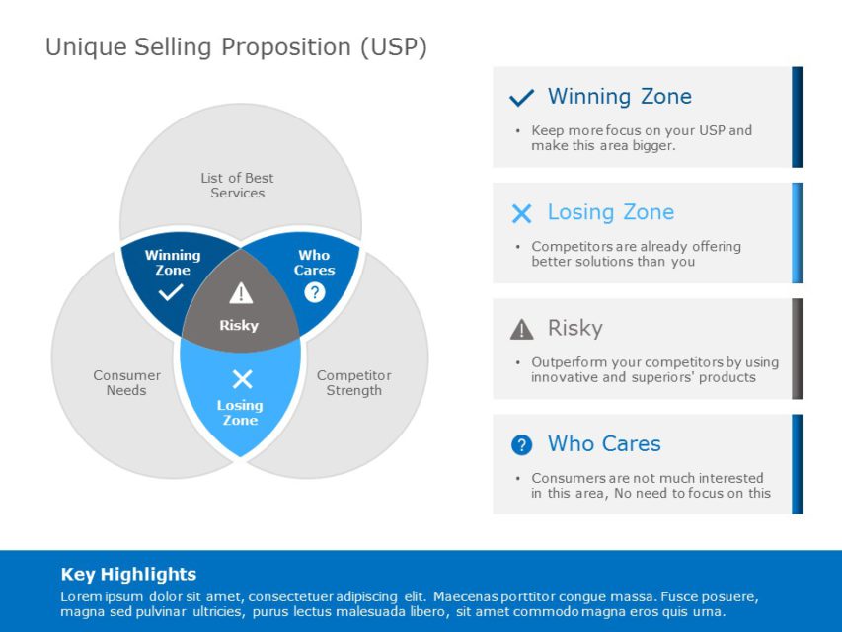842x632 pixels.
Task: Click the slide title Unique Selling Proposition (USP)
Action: pos(236,47)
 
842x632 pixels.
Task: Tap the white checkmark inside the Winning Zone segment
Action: pos(171,292)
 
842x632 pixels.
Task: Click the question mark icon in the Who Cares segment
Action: pos(314,292)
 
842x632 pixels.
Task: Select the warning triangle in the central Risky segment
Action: pos(241,293)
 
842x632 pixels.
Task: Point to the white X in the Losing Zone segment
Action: pos(242,378)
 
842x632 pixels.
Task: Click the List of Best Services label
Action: pos(237,186)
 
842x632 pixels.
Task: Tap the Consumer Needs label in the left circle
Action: pos(126,383)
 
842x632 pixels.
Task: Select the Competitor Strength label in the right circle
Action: pos(353,383)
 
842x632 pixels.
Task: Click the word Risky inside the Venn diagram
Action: pos(239,325)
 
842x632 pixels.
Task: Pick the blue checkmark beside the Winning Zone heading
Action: pos(521,98)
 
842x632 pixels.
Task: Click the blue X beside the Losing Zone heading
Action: pos(521,213)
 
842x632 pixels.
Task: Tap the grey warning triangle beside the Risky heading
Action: pos(521,329)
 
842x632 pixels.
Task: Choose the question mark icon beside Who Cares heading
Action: pos(521,445)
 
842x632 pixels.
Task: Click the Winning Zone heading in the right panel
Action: pos(619,97)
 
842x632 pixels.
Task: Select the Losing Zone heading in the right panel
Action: pos(610,212)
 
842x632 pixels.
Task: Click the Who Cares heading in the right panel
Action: pos(603,444)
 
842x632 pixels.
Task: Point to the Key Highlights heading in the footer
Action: pos(128,575)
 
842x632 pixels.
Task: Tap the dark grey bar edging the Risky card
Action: pos(797,349)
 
